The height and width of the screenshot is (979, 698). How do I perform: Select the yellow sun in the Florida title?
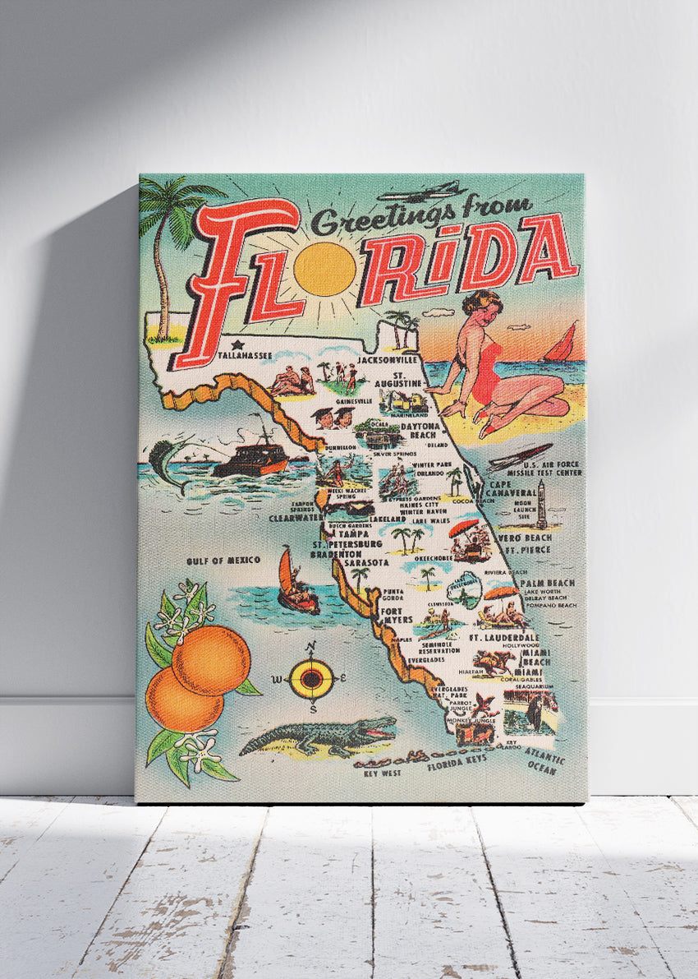(324, 269)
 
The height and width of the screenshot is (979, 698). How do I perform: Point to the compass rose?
(312, 678)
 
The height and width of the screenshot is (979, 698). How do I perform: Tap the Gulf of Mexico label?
(223, 560)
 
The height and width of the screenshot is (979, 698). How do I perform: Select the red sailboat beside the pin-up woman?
(562, 344)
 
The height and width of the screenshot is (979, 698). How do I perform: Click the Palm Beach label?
(547, 582)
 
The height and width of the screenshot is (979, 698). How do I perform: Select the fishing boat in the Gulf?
(250, 459)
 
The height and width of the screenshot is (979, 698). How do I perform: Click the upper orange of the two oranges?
(210, 658)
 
